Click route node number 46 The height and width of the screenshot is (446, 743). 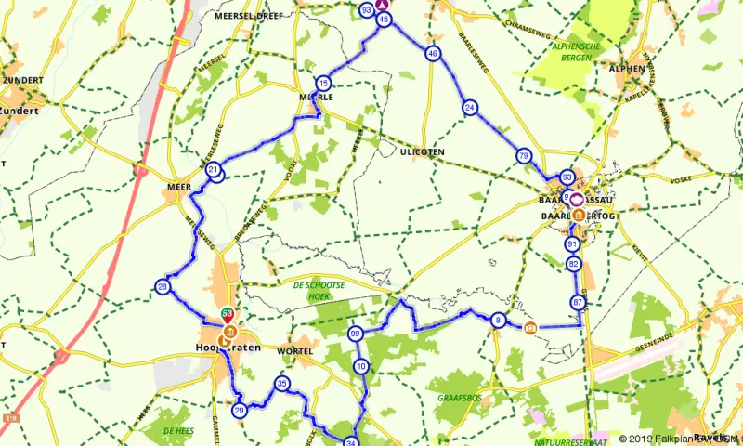click(x=433, y=54)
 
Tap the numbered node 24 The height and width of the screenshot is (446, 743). click(x=470, y=108)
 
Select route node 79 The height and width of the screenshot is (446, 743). click(x=525, y=156)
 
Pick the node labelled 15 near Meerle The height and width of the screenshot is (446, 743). click(x=322, y=83)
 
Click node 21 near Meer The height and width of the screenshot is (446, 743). click(x=214, y=170)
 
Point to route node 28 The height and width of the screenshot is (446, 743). click(x=163, y=287)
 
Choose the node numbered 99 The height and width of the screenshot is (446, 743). click(x=355, y=334)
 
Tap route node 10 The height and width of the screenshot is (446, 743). click(x=361, y=367)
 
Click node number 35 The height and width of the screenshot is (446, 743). click(x=282, y=384)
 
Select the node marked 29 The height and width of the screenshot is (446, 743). click(x=240, y=411)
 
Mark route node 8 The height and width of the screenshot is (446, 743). click(x=499, y=321)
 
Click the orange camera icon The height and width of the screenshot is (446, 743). click(x=530, y=327)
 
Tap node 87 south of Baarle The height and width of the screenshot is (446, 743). click(x=580, y=303)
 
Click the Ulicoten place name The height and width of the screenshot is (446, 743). click(x=422, y=151)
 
